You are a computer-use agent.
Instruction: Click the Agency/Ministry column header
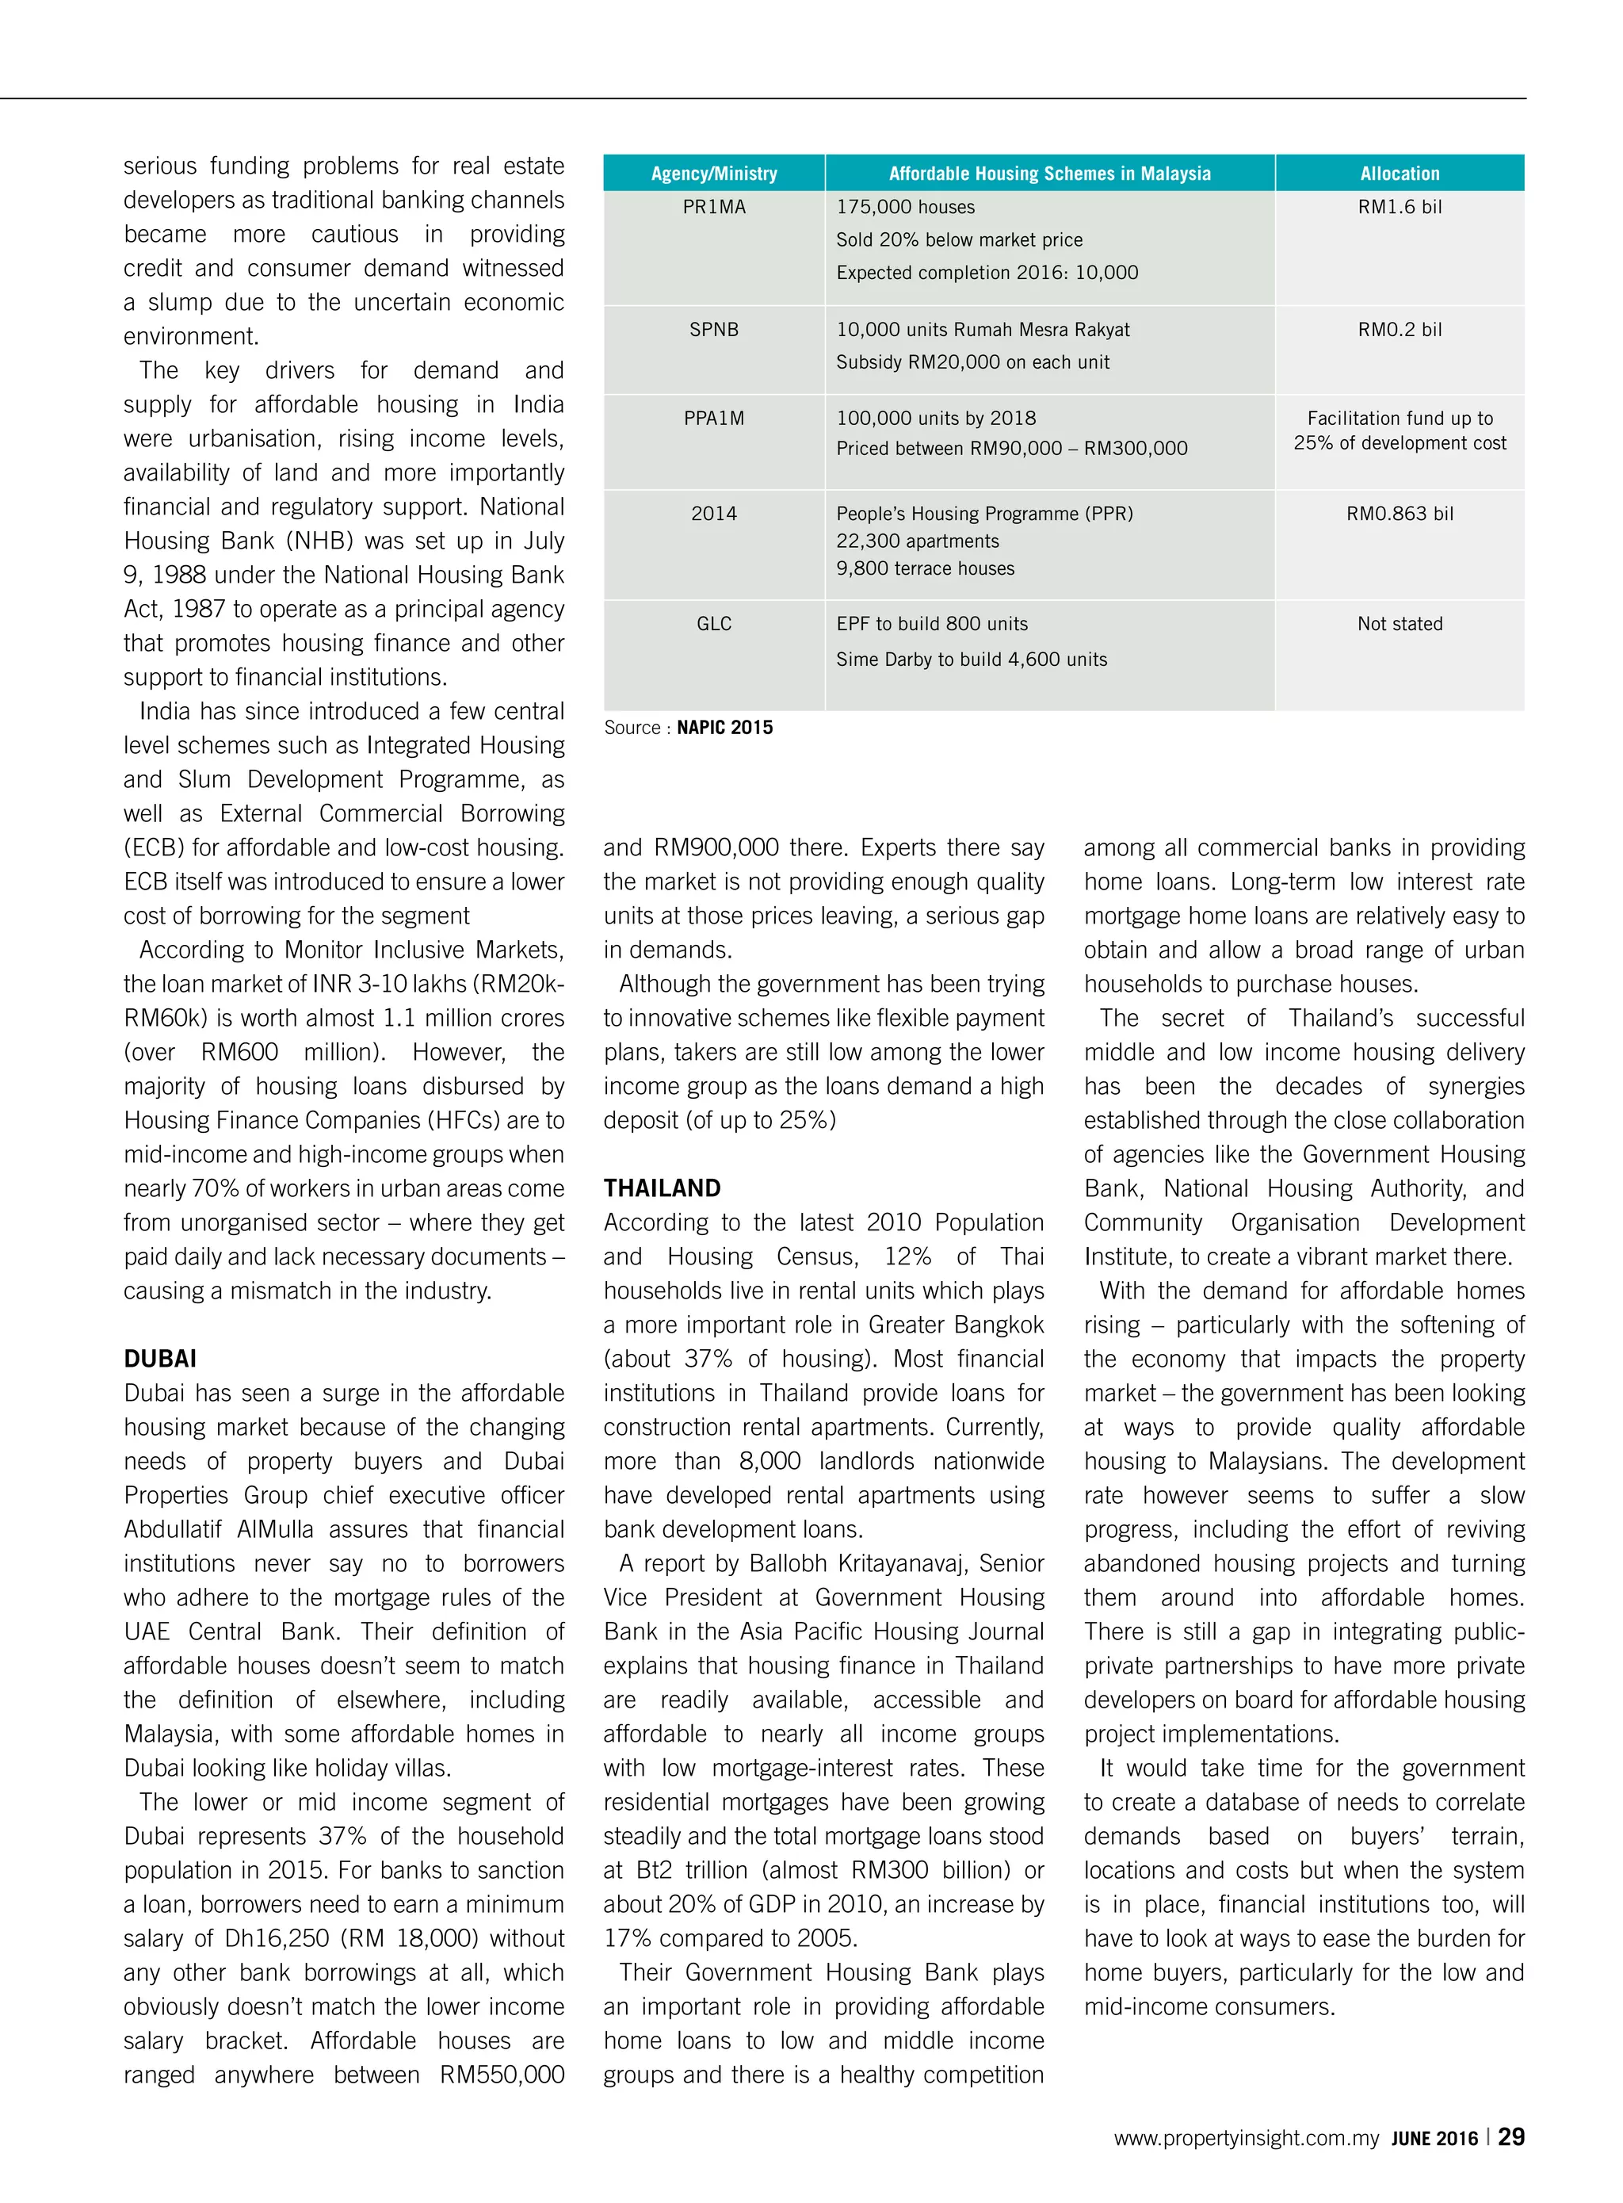coord(713,174)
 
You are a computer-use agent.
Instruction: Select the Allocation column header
coord(1399,174)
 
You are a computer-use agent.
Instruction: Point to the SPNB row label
coord(713,329)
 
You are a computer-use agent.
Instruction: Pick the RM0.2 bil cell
coord(1399,329)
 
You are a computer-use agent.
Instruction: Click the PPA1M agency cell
coord(713,418)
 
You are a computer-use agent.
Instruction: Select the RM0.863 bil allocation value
coord(1399,513)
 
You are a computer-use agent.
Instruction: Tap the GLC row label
coord(713,623)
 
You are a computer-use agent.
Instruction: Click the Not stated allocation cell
coord(1399,623)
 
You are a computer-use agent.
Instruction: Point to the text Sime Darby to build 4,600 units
coord(971,660)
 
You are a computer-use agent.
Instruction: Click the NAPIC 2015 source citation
coord(724,727)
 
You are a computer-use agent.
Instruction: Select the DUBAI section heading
coord(160,1358)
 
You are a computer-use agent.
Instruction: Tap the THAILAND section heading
coord(661,1188)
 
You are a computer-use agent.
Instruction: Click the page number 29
coord(1511,2136)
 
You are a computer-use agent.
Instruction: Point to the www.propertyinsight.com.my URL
coord(1246,2138)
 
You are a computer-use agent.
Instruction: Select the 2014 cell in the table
coord(713,513)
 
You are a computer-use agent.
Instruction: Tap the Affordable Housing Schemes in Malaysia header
coord(1049,174)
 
